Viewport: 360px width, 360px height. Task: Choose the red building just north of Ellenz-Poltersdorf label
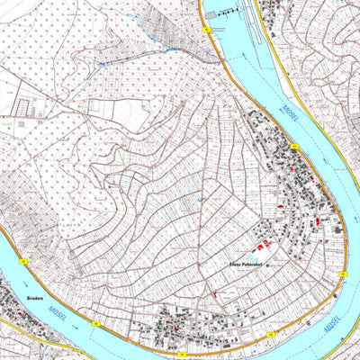[x=262, y=246]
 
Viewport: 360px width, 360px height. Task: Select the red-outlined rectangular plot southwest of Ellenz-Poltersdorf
[x=214, y=294]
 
